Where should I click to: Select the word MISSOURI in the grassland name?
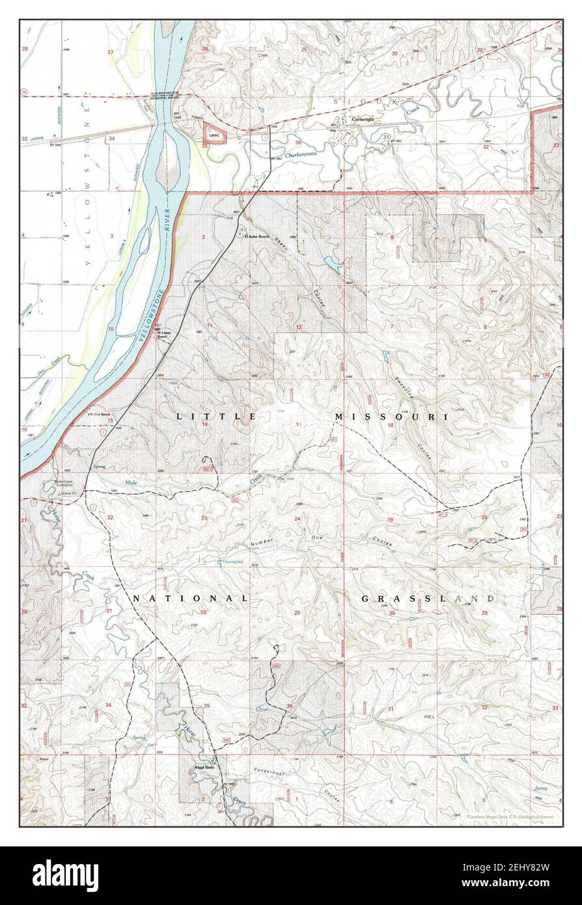coord(391,415)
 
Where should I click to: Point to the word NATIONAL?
coord(191,598)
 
